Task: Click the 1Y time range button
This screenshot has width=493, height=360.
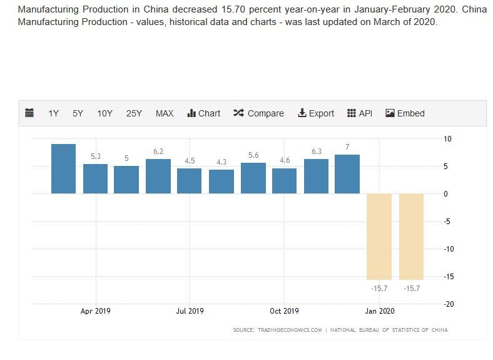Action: coord(53,113)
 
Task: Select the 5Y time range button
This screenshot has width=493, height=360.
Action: coord(78,113)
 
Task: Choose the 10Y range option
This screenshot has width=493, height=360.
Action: coord(104,113)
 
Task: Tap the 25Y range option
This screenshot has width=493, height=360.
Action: coord(134,113)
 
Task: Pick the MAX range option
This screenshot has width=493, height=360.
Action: coord(165,113)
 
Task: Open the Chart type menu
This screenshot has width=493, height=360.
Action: coord(204,113)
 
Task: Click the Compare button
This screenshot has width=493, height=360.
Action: coord(258,113)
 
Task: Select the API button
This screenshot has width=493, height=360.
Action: coord(360,113)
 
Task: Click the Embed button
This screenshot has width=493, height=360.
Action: coord(405,113)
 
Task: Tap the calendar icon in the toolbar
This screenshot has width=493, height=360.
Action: coord(29,113)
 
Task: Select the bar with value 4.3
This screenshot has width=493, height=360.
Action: coord(221,182)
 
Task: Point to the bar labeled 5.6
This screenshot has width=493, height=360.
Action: coord(253,178)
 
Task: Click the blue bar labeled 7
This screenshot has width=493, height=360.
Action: coord(347,174)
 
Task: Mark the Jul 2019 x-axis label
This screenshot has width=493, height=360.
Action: coord(190,311)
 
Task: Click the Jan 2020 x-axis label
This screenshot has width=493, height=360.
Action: coord(380,311)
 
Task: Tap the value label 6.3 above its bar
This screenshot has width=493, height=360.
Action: coord(316,152)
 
